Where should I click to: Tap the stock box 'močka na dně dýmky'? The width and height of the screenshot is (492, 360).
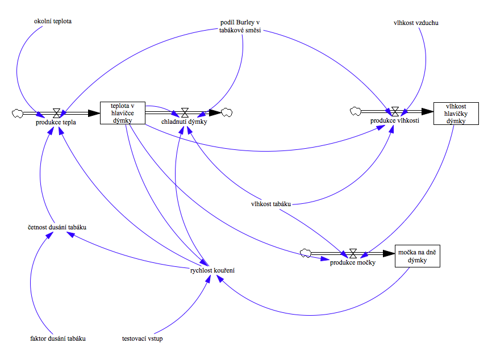pyautogui.click(x=418, y=256)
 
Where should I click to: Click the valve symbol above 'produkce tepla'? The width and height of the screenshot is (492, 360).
pyautogui.click(x=56, y=112)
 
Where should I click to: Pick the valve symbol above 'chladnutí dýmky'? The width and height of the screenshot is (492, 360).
pyautogui.click(x=184, y=112)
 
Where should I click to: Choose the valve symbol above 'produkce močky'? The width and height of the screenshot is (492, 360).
pyautogui.click(x=353, y=253)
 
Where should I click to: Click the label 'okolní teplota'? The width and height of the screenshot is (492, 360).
pyautogui.click(x=52, y=22)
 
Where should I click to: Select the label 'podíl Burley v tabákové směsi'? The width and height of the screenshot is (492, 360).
pyautogui.click(x=240, y=26)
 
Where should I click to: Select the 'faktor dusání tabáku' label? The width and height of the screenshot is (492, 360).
pyautogui.click(x=58, y=338)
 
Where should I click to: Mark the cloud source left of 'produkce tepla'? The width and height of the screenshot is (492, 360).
pyautogui.click(x=17, y=113)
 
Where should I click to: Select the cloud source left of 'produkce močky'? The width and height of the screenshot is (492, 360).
pyautogui.click(x=306, y=253)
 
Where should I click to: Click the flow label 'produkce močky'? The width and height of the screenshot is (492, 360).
pyautogui.click(x=352, y=262)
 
